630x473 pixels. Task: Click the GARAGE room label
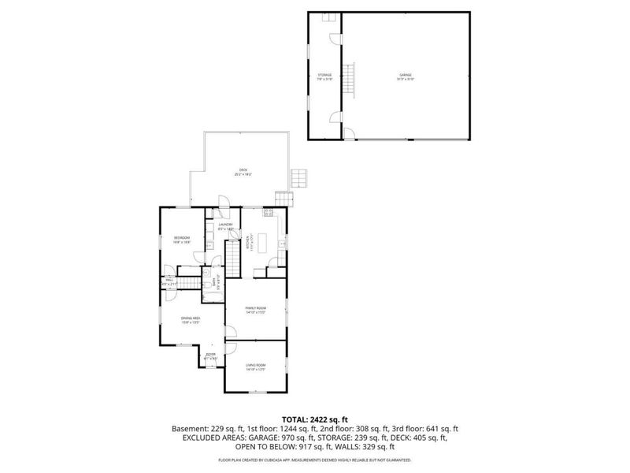point(406,76)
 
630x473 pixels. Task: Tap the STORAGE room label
point(324,76)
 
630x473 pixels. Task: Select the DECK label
point(243,171)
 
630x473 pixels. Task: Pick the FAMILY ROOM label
point(255,307)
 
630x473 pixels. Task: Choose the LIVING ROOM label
point(255,365)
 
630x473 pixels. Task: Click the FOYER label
point(211,356)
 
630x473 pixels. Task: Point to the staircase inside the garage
point(352,76)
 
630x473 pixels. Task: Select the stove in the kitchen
point(268,213)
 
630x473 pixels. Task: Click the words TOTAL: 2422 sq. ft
point(314,419)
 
